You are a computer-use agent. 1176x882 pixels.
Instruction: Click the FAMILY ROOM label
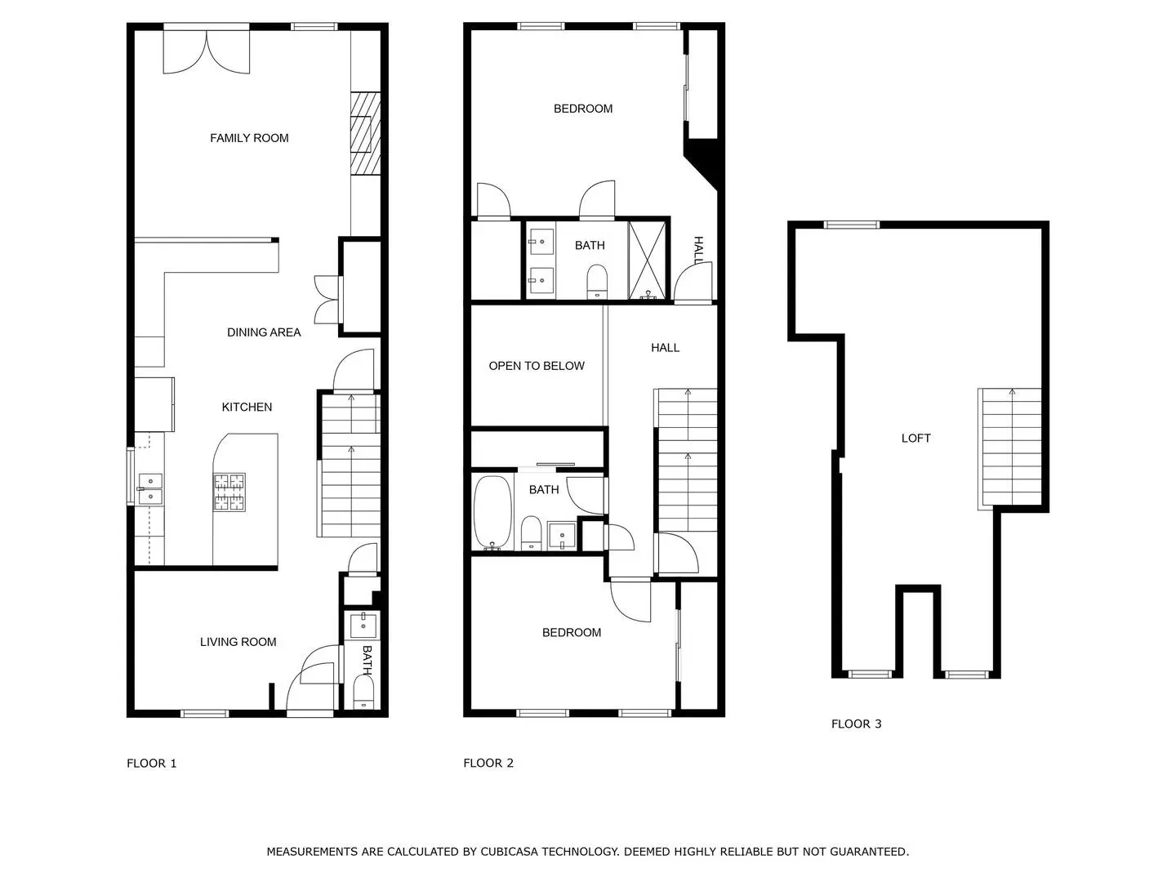coord(249,138)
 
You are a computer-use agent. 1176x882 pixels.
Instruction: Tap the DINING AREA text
coord(264,332)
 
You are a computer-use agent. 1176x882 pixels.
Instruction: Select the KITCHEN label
coord(247,407)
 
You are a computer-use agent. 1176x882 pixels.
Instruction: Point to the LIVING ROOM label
coord(238,642)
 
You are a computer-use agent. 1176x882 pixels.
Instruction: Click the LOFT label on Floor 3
coord(915,438)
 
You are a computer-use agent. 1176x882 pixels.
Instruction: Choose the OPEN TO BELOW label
coord(537,367)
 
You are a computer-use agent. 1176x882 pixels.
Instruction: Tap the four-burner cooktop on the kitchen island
coord(229,492)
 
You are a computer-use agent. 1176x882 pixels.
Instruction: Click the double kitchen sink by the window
coord(150,489)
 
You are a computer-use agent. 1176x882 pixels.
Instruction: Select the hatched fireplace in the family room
coord(365,133)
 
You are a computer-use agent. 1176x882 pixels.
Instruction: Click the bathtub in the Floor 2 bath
coord(492,513)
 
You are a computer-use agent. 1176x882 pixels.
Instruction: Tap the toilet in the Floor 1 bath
coord(363,692)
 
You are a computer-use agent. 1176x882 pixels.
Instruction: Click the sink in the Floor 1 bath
coord(363,625)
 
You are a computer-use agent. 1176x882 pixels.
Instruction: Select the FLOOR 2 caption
coord(488,763)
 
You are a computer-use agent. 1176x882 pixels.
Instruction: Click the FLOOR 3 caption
coord(856,724)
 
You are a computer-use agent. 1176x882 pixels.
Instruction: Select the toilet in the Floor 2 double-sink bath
coord(597,281)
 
